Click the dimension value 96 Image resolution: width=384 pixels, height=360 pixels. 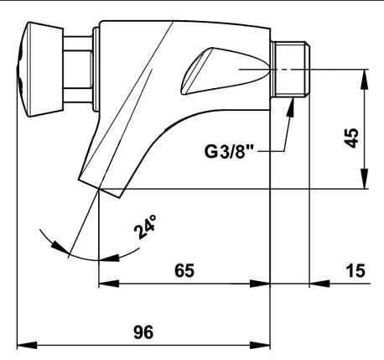pos(143,332)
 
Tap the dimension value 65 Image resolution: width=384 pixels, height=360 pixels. pos(184,270)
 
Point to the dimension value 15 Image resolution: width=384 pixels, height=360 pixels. pos(355,270)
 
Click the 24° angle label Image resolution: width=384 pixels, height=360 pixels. pos(145,227)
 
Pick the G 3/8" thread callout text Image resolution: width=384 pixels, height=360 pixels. pos(228,152)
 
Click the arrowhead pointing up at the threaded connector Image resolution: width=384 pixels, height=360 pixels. pos(291,107)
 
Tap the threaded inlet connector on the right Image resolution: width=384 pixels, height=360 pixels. pos(291,70)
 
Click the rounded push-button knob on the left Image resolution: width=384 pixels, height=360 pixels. pos(40,69)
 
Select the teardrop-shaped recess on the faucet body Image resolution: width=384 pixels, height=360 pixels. pos(226,71)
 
